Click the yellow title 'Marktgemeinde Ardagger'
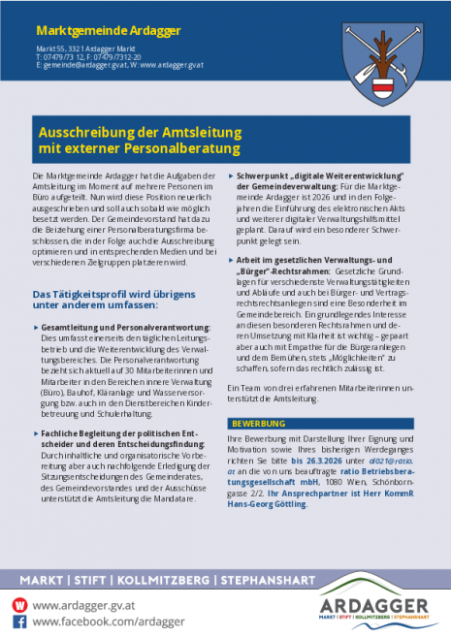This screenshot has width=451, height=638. coord(94,30)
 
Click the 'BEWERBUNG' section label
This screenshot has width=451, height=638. coord(257,424)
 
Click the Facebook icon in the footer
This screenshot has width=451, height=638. coord(18,621)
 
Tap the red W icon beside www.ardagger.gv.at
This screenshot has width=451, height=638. coord(18,603)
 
